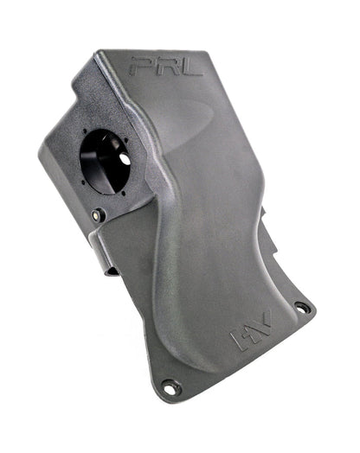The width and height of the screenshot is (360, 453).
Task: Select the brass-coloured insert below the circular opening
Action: coord(98,214)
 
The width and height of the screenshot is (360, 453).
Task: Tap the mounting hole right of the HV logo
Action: coord(300,307)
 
